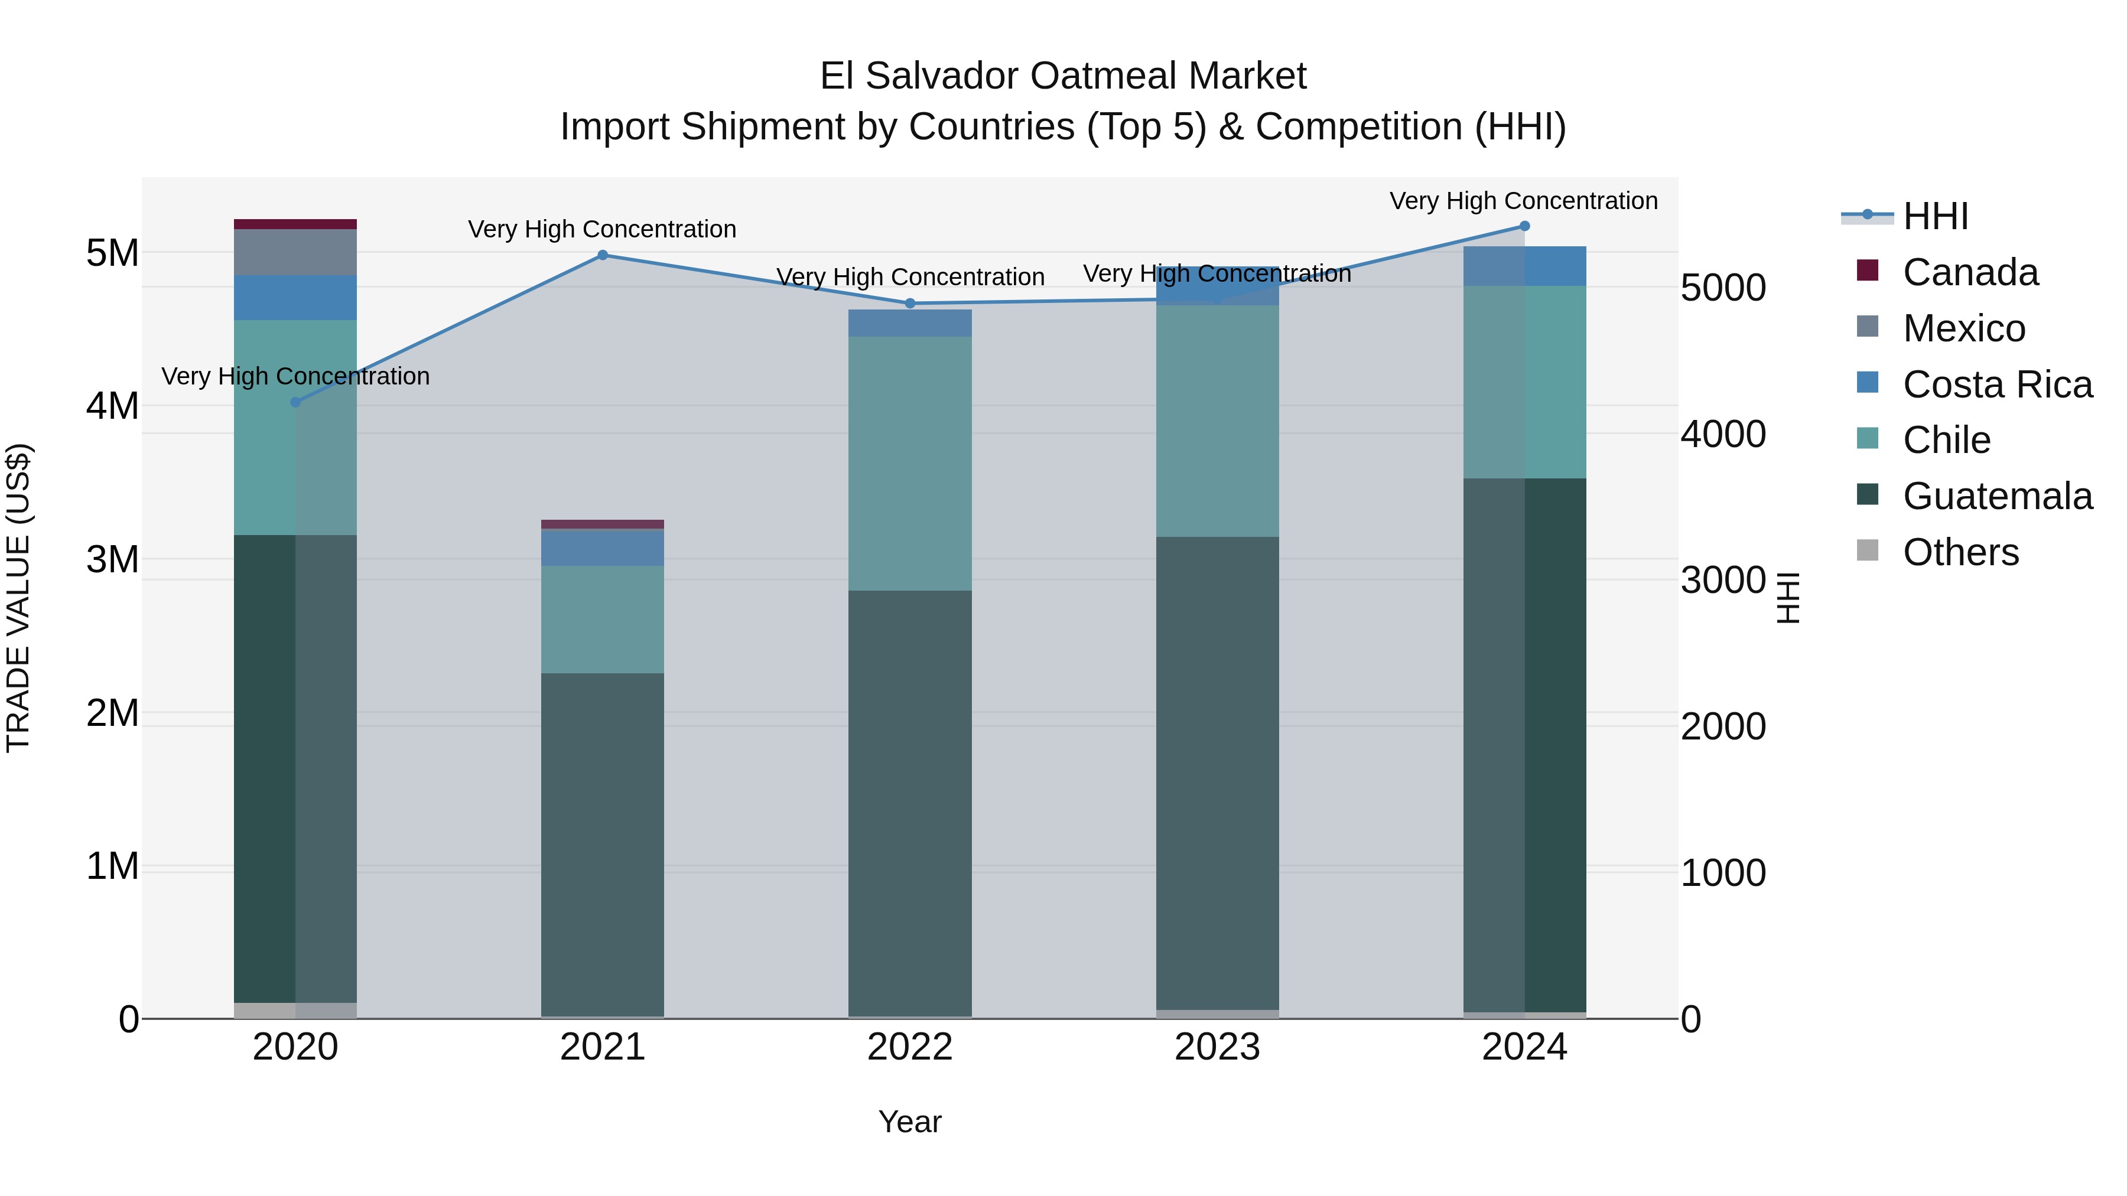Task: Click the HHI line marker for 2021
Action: tap(602, 255)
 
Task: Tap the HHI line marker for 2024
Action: tap(1524, 226)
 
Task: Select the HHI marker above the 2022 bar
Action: tap(910, 304)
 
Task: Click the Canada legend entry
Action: tap(1970, 272)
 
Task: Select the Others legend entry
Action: tap(1960, 552)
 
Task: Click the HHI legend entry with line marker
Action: tap(1936, 216)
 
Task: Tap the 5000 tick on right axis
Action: tap(1723, 288)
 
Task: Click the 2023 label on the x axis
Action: tap(1217, 1047)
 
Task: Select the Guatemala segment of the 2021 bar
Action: tap(602, 842)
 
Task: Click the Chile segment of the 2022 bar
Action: tap(910, 462)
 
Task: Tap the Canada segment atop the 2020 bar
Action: tap(295, 224)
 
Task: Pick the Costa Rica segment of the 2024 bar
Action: tap(1524, 266)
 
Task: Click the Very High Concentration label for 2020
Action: tap(295, 376)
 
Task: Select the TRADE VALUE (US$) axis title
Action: tap(18, 598)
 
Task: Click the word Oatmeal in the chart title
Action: tap(1104, 76)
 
